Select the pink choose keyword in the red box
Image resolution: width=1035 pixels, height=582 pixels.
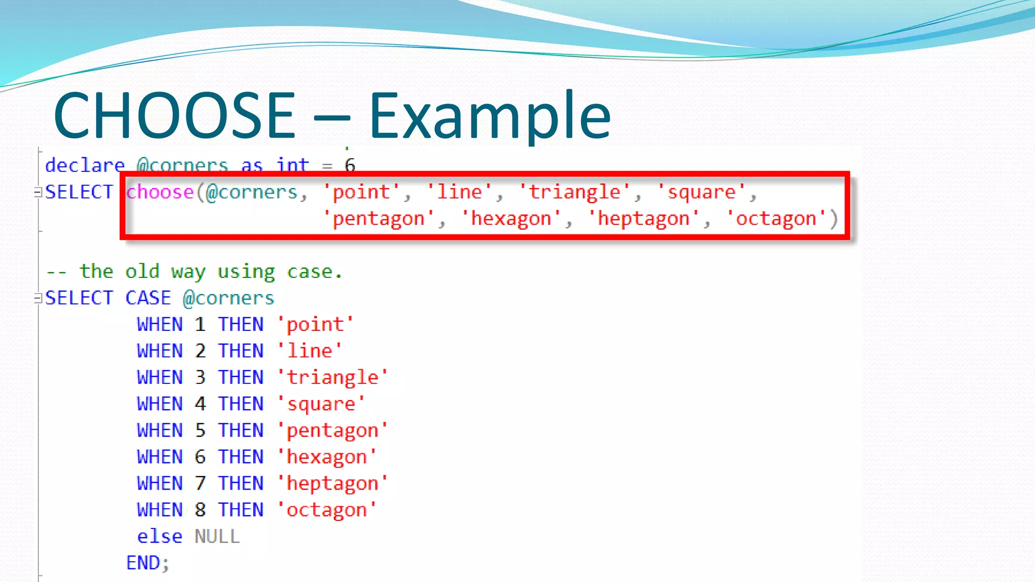160,192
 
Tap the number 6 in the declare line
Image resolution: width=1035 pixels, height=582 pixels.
350,165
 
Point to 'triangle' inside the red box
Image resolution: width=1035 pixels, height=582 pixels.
575,192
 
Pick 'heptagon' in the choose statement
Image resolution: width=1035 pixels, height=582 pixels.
643,219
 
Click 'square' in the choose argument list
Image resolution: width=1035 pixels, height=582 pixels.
701,192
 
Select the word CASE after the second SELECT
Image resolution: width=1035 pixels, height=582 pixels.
148,298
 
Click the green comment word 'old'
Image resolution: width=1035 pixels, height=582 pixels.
142,271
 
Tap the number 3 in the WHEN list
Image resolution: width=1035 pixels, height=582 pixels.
200,377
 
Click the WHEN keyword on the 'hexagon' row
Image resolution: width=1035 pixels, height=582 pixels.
159,457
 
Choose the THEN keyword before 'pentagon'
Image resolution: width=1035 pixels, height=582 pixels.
241,430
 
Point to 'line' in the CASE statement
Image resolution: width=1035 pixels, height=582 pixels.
309,351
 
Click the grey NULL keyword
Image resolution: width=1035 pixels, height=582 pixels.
217,537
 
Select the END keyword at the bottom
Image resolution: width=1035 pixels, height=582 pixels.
143,563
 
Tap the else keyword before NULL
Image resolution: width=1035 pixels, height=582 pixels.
159,537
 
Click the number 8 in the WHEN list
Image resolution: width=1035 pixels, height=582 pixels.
200,510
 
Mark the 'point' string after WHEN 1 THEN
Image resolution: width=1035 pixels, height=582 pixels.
315,324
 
